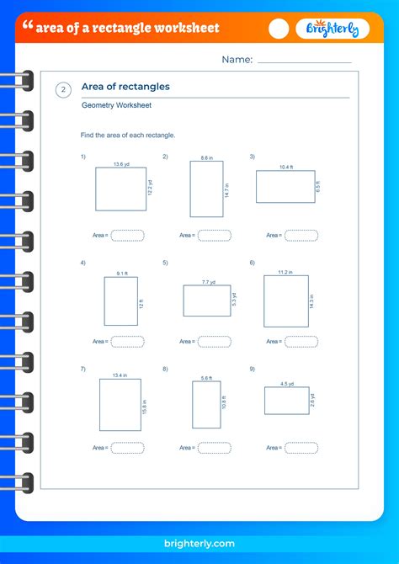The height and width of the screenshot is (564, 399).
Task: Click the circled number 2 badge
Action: [64, 91]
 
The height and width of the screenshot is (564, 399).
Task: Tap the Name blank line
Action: [304, 61]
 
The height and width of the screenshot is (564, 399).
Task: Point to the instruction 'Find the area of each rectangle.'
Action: [127, 135]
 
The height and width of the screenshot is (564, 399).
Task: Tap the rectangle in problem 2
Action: [206, 189]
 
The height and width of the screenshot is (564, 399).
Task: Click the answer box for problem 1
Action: [127, 236]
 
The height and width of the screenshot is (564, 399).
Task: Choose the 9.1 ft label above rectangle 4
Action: [121, 273]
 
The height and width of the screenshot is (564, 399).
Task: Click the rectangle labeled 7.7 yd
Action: [206, 300]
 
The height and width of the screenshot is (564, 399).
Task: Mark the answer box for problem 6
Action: [301, 341]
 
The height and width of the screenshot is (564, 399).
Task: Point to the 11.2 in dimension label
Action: [285, 272]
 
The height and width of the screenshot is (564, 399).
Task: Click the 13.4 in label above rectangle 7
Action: [120, 375]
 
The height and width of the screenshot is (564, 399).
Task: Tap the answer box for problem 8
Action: [214, 448]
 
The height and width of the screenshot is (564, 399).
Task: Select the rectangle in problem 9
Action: [286, 401]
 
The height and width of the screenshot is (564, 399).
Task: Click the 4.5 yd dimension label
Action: [286, 383]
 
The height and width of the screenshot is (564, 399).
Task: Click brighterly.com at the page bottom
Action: [199, 544]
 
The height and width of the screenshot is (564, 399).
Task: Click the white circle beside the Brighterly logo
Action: [279, 29]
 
